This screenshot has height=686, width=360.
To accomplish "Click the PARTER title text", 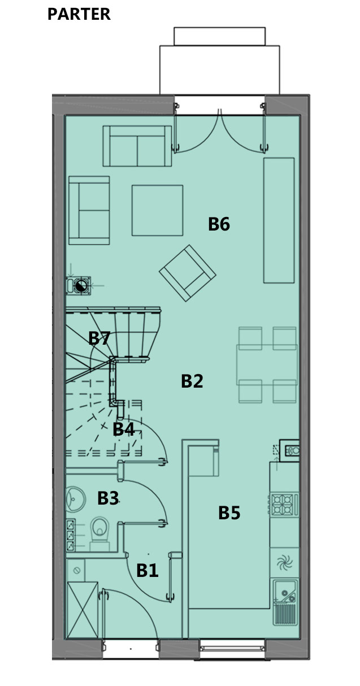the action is (79, 14).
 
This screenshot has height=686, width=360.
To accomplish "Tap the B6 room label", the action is (219, 224).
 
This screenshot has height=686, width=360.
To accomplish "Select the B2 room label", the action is (192, 381).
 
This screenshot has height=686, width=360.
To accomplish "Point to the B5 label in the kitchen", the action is (229, 513).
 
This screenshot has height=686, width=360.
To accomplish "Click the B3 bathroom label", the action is (108, 498).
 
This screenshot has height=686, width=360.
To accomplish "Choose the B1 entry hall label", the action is (148, 571).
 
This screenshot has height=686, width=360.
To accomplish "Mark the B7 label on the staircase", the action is (99, 338).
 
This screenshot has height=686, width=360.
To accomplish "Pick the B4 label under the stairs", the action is (123, 429).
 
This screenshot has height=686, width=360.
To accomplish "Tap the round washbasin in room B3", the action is (75, 499).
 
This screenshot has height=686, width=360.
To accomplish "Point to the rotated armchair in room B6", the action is (188, 273).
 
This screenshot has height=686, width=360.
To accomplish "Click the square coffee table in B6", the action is (158, 210).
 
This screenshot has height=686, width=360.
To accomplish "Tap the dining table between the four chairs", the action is (267, 364).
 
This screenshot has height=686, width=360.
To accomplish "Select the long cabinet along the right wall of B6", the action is (279, 220).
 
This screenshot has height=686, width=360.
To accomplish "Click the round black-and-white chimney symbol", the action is (81, 286).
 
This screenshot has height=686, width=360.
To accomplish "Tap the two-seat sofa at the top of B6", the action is (137, 146).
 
